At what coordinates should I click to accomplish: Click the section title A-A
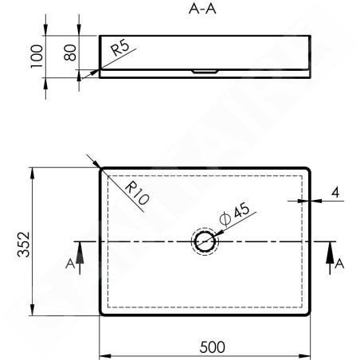(202, 9)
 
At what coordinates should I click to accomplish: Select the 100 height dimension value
(37, 57)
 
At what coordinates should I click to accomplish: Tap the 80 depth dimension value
(70, 53)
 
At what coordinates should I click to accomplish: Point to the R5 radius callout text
(120, 47)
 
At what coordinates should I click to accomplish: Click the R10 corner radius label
(137, 193)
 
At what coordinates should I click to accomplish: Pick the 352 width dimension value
(23, 245)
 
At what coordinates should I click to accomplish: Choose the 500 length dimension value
(212, 347)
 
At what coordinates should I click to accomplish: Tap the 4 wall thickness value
(335, 193)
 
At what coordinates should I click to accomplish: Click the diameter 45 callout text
(235, 214)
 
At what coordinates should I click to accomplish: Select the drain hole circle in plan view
(205, 232)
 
